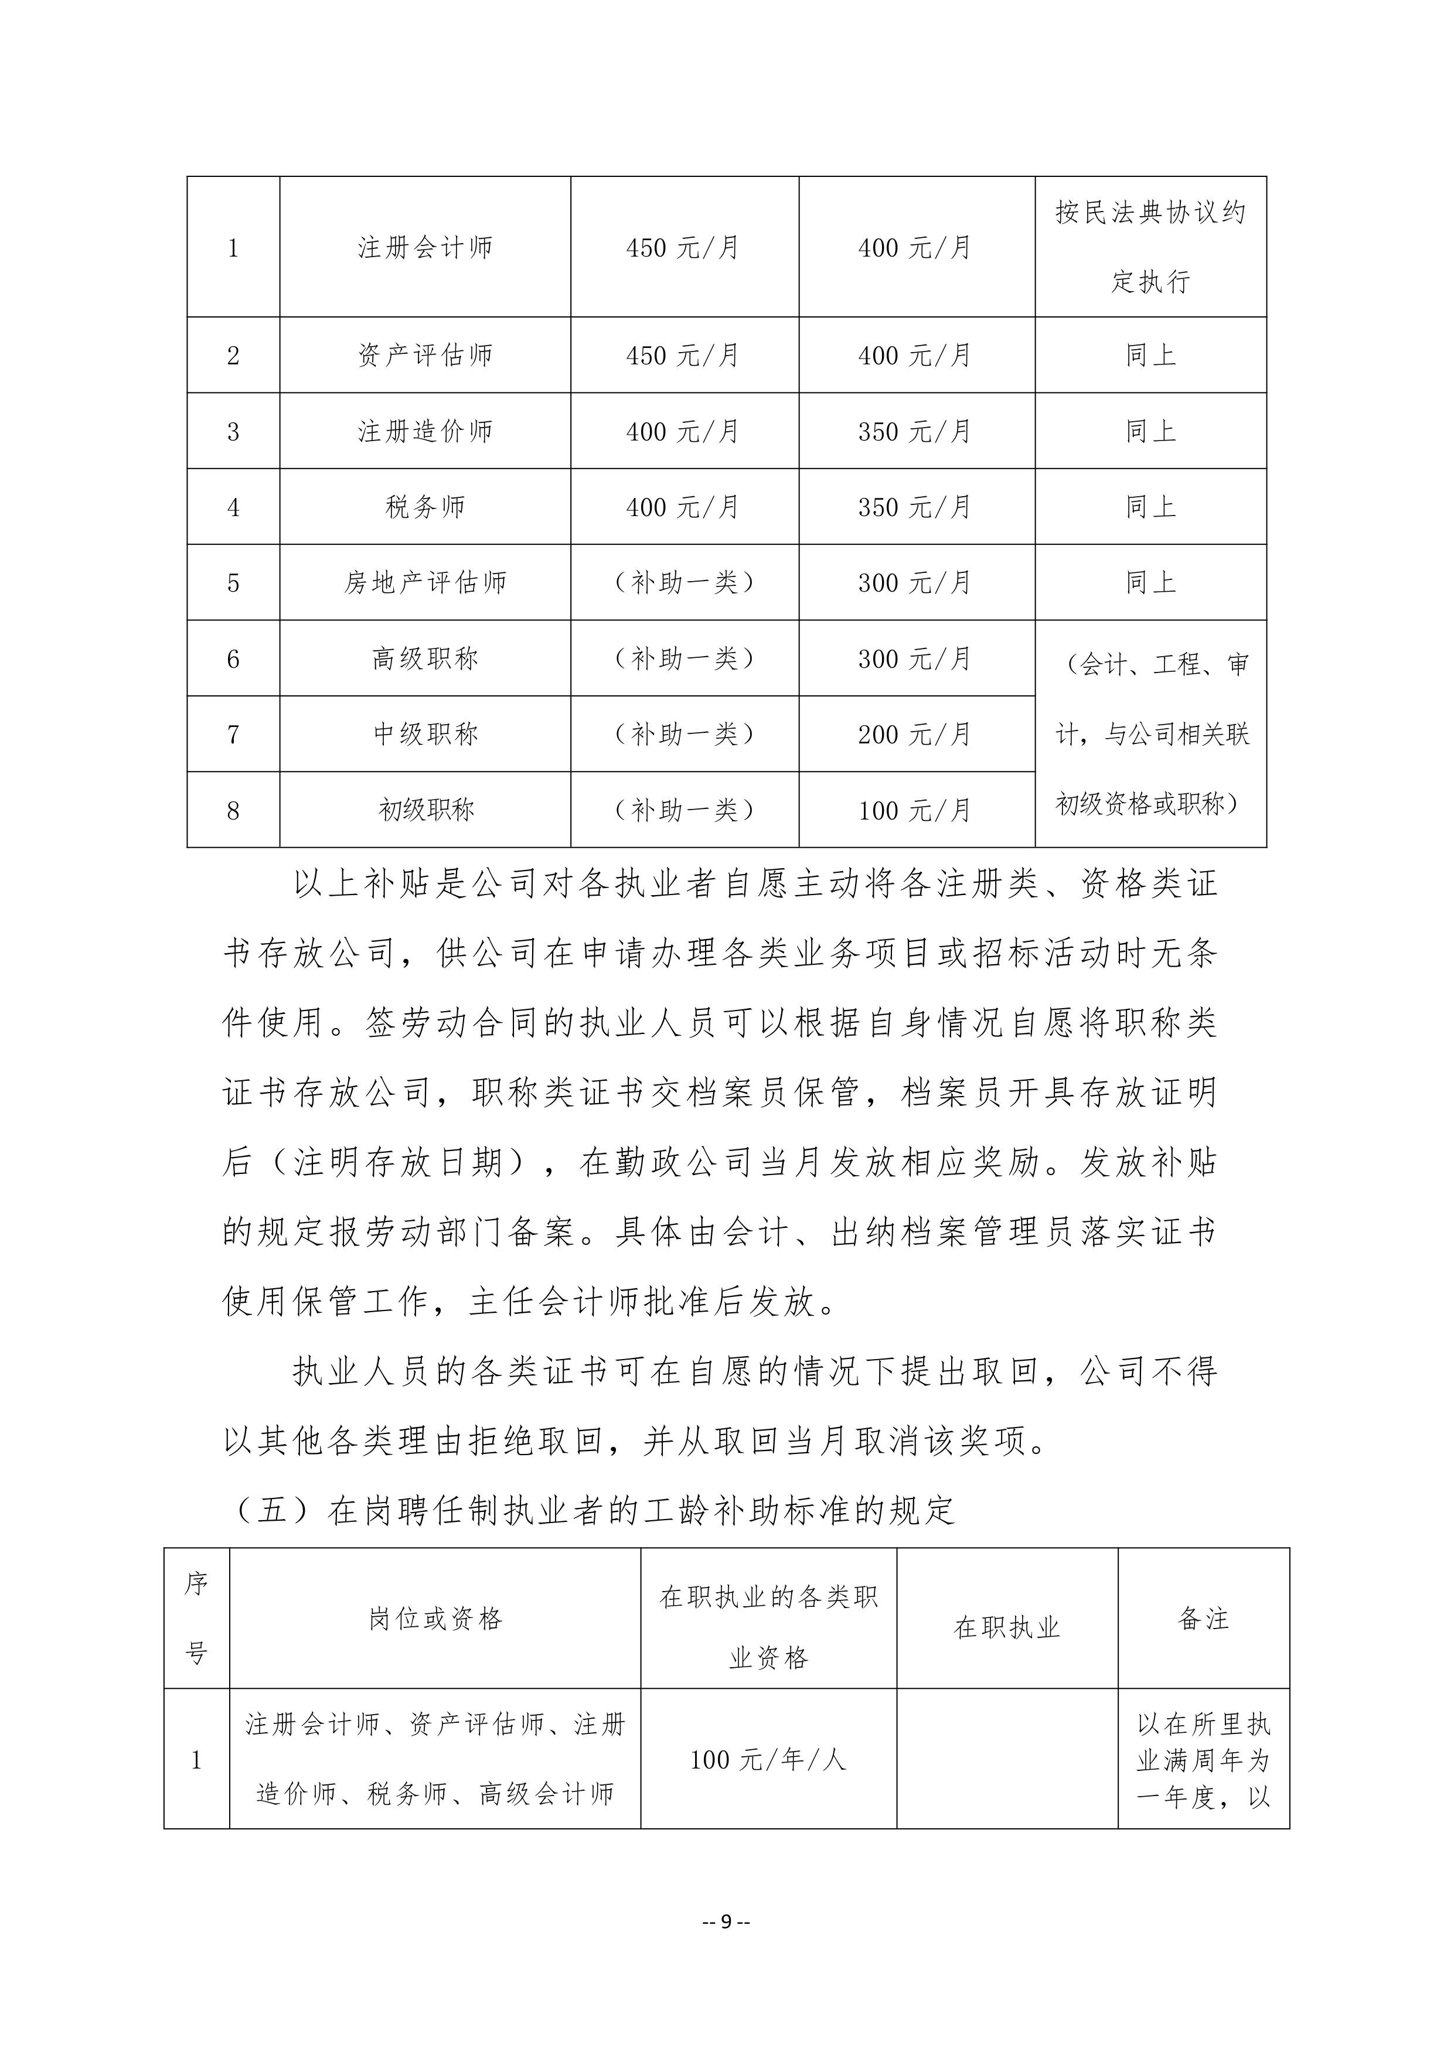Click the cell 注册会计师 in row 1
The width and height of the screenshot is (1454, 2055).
[x=425, y=247]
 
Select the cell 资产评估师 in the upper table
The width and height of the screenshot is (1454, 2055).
[x=425, y=356]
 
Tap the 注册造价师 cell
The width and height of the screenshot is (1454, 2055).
[x=425, y=431]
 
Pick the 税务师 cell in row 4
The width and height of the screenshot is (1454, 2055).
[x=425, y=507]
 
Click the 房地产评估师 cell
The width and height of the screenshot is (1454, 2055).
[x=425, y=583]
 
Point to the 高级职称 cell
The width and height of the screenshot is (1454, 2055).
[x=425, y=659]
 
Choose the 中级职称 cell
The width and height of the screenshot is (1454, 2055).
[x=425, y=734]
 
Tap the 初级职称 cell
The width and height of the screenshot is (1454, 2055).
[x=425, y=810]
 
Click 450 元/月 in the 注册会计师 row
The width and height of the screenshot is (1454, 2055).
[x=683, y=247]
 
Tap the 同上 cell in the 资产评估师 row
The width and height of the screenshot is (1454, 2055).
[x=1150, y=356]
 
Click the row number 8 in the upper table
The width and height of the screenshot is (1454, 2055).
[x=233, y=810]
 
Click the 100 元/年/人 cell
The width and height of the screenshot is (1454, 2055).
[x=768, y=1760]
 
